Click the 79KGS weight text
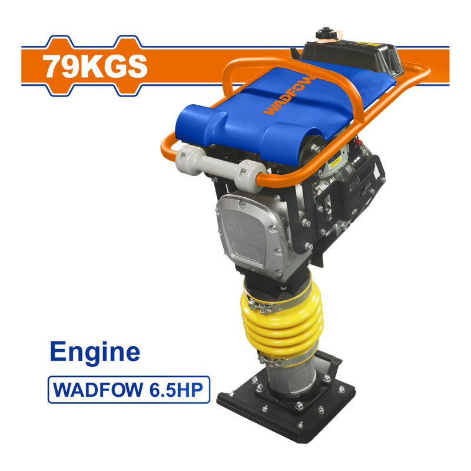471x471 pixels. (95, 66)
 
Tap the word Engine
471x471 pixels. (95, 351)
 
